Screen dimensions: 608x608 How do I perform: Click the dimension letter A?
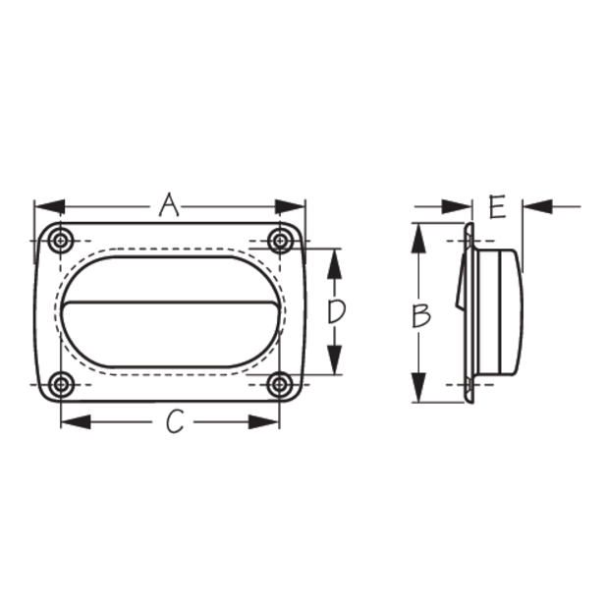tap(169, 204)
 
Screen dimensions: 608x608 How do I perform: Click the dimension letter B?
tap(420, 315)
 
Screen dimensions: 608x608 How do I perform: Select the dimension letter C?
tap(175, 421)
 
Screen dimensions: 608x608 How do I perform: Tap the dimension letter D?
tap(336, 311)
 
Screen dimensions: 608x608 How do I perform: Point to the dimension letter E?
tap(497, 206)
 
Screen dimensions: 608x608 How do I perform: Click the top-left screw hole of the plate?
tap(61, 241)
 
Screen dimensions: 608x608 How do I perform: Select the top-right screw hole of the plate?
tap(280, 241)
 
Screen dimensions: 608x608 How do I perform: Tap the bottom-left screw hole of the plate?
tap(61, 385)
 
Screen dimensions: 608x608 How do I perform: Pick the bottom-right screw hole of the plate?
tap(280, 385)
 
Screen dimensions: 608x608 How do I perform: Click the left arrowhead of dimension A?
tap(50, 206)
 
